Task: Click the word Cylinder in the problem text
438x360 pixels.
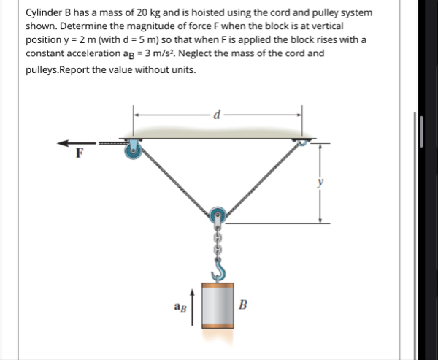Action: click(44, 13)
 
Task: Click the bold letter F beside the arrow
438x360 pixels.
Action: click(80, 154)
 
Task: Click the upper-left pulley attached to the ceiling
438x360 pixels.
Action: click(134, 150)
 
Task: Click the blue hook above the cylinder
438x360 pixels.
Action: click(218, 271)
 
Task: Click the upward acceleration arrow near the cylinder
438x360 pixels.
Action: click(193, 305)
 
